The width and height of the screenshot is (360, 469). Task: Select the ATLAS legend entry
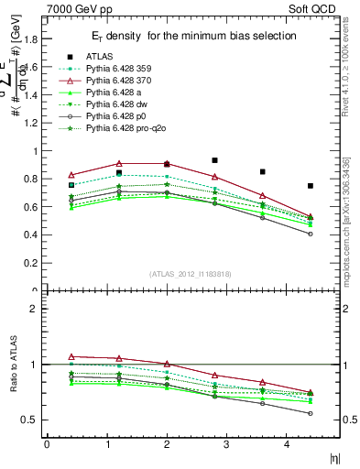pos(101,56)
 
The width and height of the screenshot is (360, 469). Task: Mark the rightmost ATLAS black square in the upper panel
pos(311,186)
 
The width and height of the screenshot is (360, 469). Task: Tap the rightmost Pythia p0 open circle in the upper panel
pos(311,234)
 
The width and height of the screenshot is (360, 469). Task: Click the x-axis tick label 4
pos(287,444)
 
